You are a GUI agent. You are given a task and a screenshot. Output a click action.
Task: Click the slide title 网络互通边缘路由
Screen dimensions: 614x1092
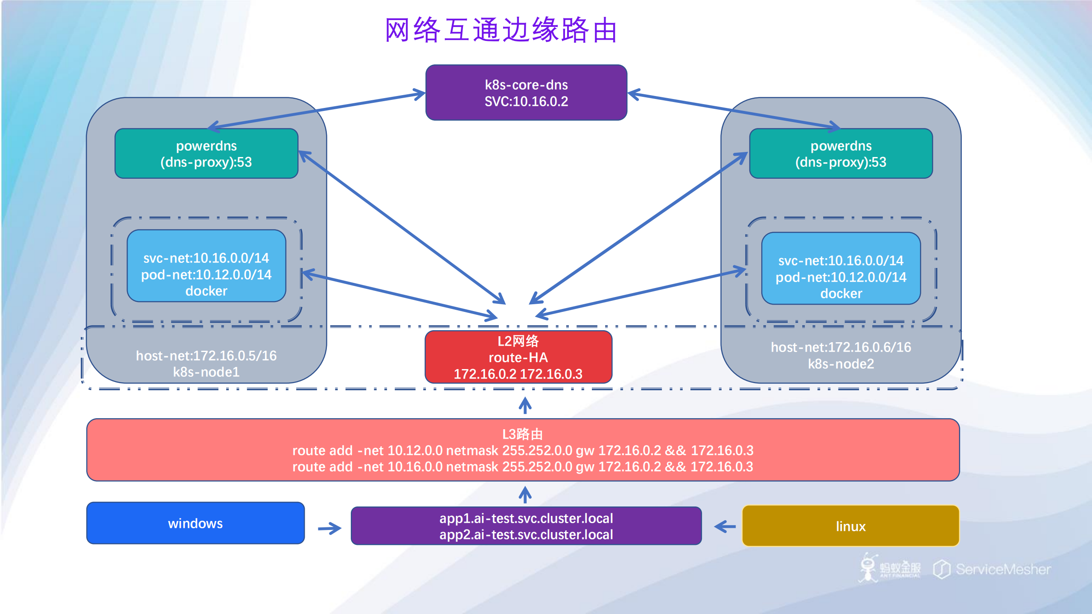click(x=501, y=30)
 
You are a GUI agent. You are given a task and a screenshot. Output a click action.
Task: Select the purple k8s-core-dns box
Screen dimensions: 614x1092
click(x=526, y=93)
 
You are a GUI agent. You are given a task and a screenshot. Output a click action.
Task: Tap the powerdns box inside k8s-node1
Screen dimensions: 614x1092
click(x=206, y=154)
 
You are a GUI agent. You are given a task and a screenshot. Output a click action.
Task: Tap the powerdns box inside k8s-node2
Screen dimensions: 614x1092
click(x=840, y=154)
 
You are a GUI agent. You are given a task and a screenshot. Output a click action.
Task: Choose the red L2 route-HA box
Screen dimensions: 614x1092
click(x=518, y=357)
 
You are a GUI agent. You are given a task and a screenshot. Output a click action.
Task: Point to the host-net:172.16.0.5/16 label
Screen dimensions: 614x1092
click(x=206, y=355)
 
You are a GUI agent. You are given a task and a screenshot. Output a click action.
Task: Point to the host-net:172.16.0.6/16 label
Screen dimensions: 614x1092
click(x=840, y=347)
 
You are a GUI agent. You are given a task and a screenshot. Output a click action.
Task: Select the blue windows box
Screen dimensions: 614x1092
click(x=195, y=523)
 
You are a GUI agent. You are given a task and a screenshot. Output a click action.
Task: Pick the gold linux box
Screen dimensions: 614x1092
click(x=850, y=526)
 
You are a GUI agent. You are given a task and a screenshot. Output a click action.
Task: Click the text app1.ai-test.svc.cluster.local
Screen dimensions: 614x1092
click(x=526, y=518)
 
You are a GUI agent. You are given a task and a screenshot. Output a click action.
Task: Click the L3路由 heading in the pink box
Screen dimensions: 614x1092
click(x=522, y=434)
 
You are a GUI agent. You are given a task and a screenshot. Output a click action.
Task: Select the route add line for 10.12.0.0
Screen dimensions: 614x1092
click(x=522, y=451)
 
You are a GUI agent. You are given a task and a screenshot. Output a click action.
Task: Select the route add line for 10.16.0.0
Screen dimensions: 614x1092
click(x=522, y=467)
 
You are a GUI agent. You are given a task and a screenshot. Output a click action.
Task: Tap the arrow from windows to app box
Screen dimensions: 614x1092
click(x=329, y=529)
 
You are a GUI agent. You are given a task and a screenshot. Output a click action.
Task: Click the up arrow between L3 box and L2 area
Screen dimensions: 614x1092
click(x=525, y=405)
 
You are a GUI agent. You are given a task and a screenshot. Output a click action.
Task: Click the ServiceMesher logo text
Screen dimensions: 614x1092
click(x=1002, y=569)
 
